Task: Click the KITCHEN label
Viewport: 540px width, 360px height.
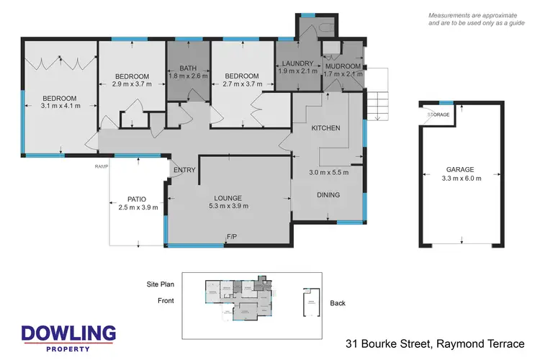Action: (325, 128)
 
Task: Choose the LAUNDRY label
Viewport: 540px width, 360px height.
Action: (295, 63)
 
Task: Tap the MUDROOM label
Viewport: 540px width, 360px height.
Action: (343, 63)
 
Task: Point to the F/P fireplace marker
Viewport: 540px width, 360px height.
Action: (232, 237)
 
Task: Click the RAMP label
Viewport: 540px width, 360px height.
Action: (101, 166)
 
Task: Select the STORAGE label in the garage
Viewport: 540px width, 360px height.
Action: (438, 114)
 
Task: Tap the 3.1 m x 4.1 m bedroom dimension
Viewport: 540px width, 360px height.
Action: (60, 106)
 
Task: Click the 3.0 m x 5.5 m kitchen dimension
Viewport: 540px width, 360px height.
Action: (329, 172)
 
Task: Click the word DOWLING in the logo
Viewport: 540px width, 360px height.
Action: (68, 333)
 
